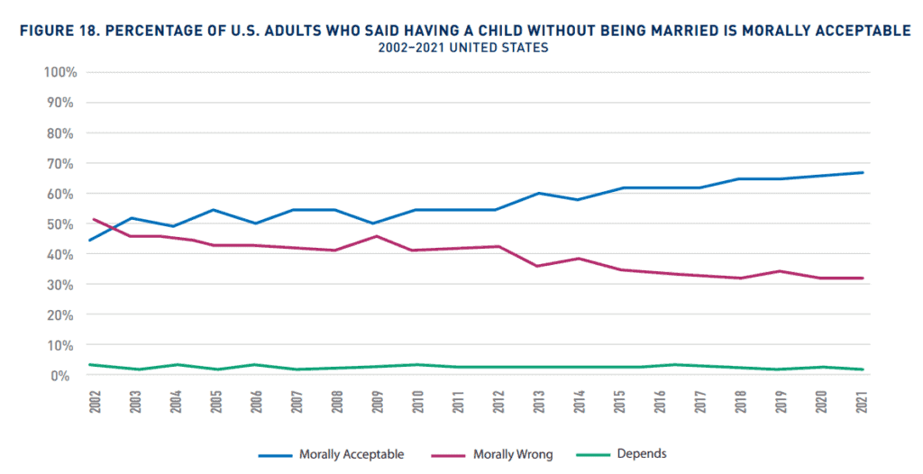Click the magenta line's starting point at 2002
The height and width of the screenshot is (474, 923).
[x=94, y=219]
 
